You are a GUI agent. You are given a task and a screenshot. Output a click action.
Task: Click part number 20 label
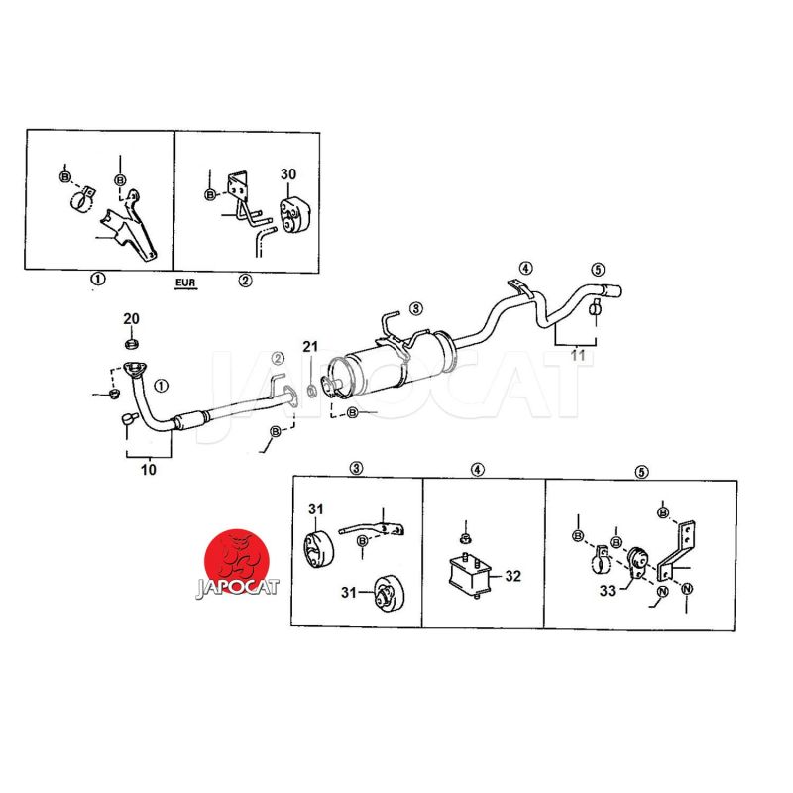click(131, 319)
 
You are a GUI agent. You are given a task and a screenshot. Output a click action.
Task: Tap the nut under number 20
click(132, 344)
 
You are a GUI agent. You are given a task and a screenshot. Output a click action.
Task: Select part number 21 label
click(310, 346)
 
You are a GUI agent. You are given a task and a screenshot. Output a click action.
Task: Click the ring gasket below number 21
click(312, 390)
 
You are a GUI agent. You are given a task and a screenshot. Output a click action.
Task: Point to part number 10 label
click(148, 470)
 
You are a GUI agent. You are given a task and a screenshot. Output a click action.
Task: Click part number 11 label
click(578, 356)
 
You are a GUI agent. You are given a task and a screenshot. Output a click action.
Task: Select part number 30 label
click(288, 174)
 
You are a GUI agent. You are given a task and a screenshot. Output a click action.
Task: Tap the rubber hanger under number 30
click(294, 217)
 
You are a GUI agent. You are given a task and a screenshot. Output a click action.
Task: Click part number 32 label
click(512, 576)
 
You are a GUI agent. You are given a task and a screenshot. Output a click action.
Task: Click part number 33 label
click(608, 591)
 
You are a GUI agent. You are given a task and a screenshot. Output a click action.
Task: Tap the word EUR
click(185, 283)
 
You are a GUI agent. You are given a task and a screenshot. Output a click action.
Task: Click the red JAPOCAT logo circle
click(237, 561)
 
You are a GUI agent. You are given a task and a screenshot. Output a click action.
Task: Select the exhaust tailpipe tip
click(612, 291)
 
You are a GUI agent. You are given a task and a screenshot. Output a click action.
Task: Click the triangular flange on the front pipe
click(135, 369)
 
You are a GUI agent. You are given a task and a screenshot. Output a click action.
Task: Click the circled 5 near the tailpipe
click(598, 269)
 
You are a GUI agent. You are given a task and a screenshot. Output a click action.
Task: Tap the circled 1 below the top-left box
click(98, 279)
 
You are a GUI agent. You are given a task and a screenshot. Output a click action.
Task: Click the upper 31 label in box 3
click(316, 509)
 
